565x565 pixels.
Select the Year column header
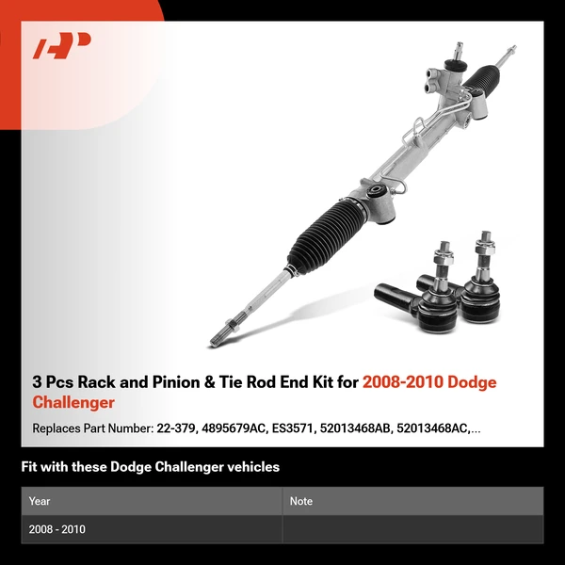40,501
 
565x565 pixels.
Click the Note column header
301,501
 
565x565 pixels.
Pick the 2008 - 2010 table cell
57,529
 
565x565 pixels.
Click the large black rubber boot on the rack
325,235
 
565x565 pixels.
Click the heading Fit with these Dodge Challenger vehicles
151,467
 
